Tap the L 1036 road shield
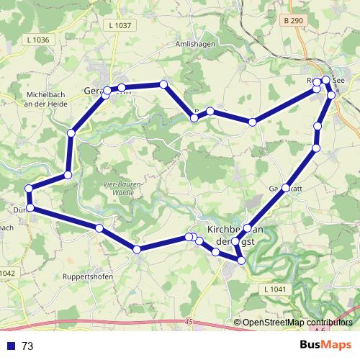36,40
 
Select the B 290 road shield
293,22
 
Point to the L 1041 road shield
275,289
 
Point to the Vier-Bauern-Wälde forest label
122,188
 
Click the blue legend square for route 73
11,346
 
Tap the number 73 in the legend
28,346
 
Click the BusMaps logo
325,345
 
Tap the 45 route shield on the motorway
189,320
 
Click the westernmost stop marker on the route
29,189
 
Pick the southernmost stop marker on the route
240,258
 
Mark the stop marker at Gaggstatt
286,188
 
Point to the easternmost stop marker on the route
331,94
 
